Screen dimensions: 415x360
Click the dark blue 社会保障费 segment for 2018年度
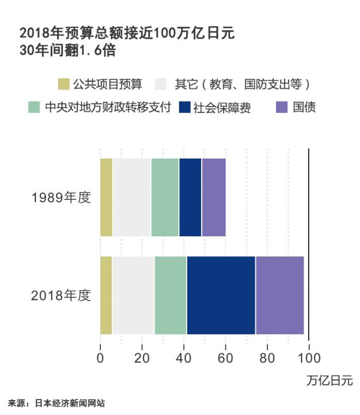point(221,295)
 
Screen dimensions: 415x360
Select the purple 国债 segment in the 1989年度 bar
point(214,197)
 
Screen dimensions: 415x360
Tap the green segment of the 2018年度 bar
point(171,295)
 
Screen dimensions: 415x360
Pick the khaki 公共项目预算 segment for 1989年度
point(106,197)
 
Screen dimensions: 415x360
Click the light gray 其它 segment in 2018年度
point(133,295)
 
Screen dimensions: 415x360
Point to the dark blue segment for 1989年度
point(190,197)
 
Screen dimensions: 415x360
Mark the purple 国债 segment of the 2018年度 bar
point(280,295)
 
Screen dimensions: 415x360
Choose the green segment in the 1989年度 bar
point(165,197)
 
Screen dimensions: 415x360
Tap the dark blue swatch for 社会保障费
point(185,108)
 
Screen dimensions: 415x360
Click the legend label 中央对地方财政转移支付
point(107,108)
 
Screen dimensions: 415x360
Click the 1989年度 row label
point(61,198)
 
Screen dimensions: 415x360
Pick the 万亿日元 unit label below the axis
point(330,382)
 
